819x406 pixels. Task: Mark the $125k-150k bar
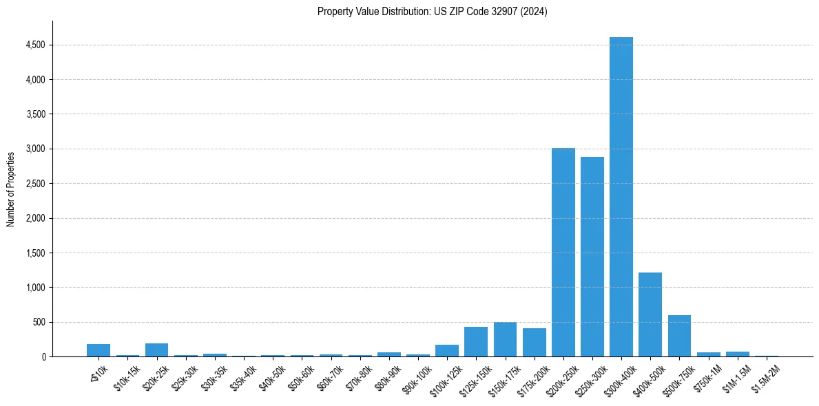(476, 342)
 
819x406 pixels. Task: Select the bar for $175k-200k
(534, 343)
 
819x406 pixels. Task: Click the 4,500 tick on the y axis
(35, 45)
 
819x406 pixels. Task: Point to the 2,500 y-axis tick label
(35, 184)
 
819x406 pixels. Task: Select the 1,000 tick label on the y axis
(35, 288)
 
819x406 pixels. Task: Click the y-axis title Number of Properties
(11, 189)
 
